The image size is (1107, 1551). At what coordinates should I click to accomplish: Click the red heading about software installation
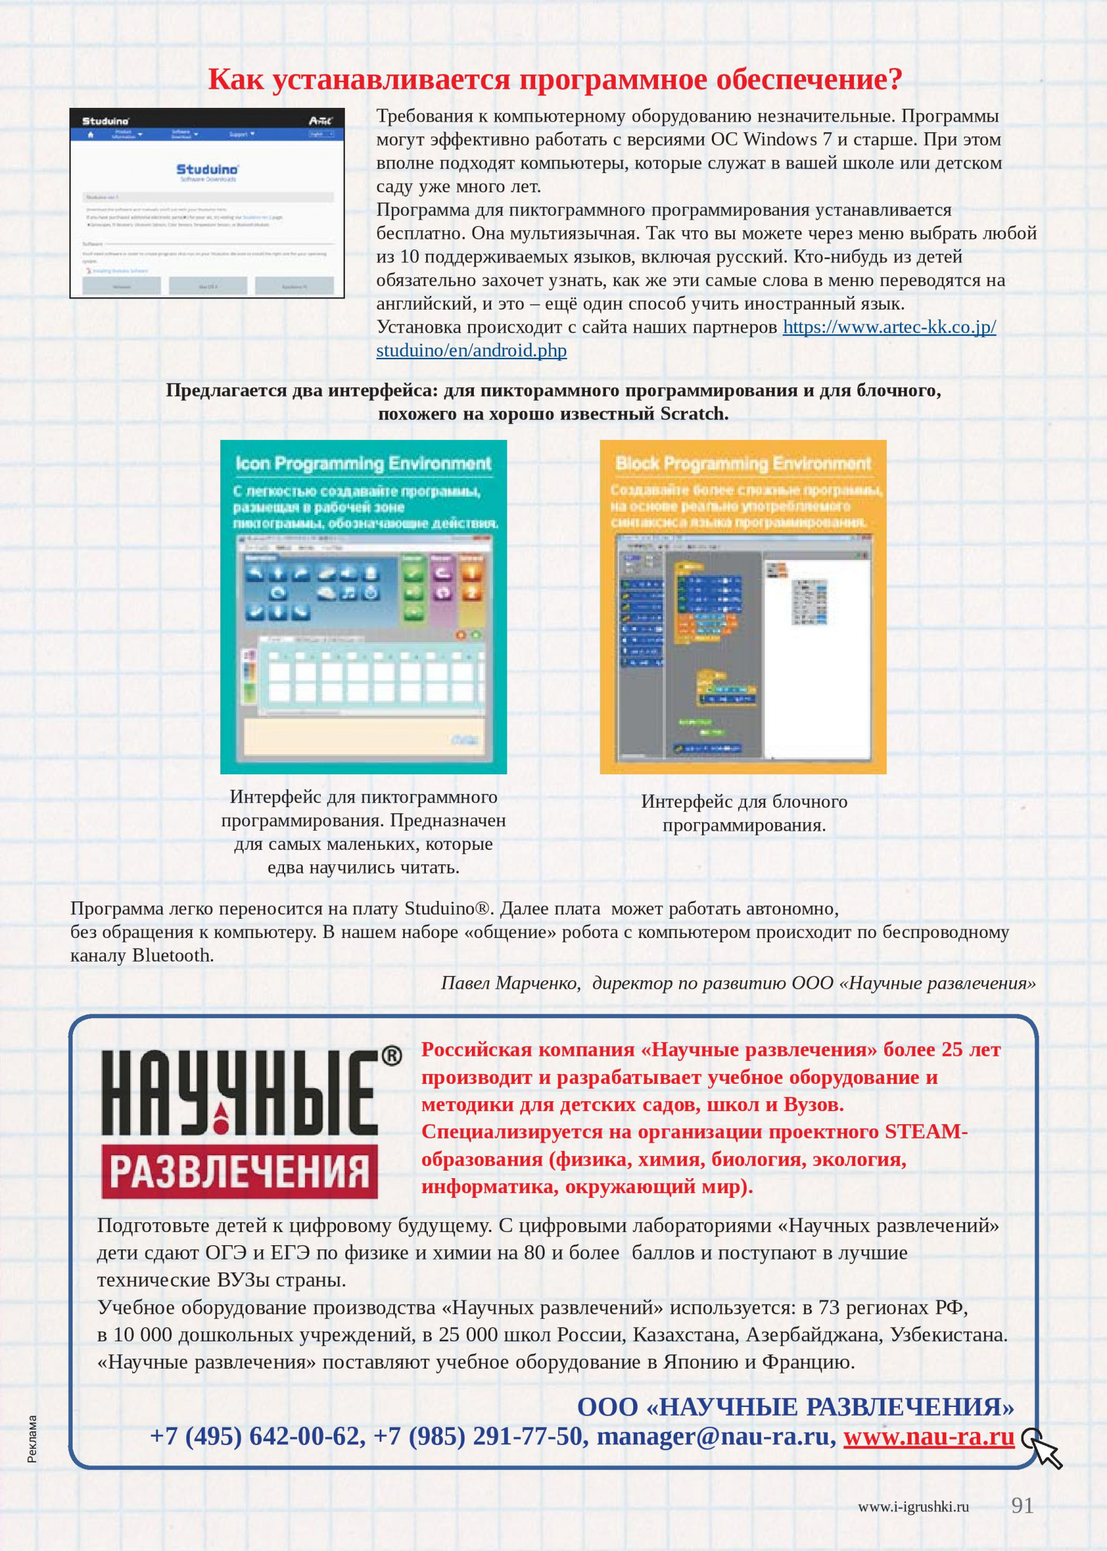pyautogui.click(x=555, y=80)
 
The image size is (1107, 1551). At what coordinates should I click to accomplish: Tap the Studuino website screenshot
pyautogui.click(x=207, y=203)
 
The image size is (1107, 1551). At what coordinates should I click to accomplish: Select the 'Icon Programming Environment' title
pyautogui.click(x=363, y=463)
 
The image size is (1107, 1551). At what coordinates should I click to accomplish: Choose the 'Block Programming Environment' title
pyautogui.click(x=743, y=463)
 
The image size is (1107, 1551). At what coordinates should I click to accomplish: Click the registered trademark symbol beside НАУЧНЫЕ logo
pyautogui.click(x=391, y=1056)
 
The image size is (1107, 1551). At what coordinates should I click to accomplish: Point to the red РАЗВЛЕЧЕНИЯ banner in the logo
pyautogui.click(x=239, y=1171)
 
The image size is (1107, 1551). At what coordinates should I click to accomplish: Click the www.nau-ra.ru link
pyautogui.click(x=928, y=1436)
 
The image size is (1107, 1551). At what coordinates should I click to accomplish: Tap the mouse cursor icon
pyautogui.click(x=1043, y=1448)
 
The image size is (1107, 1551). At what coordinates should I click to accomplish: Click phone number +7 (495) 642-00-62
pyautogui.click(x=255, y=1436)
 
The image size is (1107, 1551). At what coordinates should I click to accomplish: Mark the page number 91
pyautogui.click(x=1022, y=1505)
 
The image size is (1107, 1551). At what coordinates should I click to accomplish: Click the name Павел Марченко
pyautogui.click(x=510, y=983)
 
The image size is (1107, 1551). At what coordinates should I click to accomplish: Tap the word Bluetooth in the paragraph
pyautogui.click(x=171, y=955)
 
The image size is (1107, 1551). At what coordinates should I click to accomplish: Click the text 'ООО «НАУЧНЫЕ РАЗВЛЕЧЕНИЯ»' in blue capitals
pyautogui.click(x=795, y=1406)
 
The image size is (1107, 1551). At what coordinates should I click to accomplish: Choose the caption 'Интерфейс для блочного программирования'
pyautogui.click(x=744, y=813)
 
